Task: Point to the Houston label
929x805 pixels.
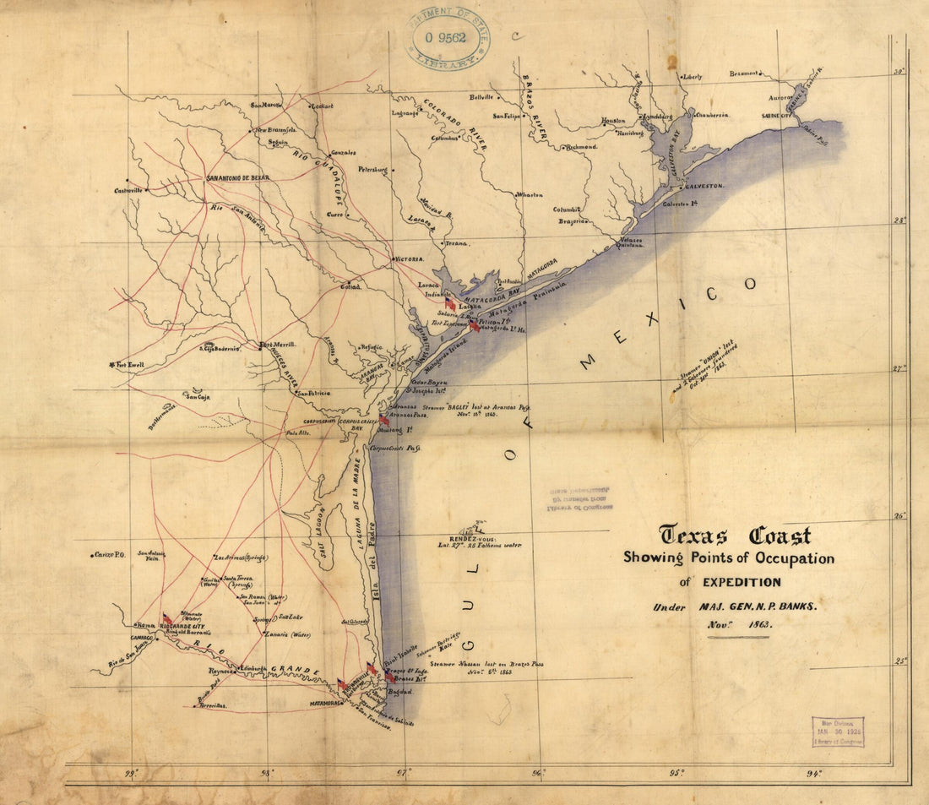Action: coord(613,121)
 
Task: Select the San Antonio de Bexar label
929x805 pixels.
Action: coord(248,178)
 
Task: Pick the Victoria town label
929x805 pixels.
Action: coord(409,259)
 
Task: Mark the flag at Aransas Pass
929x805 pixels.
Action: coord(384,419)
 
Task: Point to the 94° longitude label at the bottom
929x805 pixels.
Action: coord(812,772)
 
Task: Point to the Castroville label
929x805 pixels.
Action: coord(128,191)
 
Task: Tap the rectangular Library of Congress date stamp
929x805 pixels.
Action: coord(838,732)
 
